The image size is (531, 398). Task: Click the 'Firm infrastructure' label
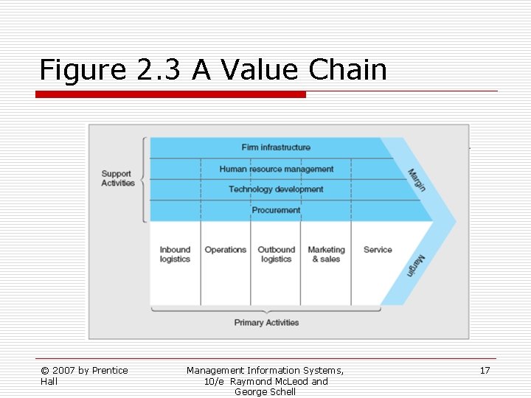276,147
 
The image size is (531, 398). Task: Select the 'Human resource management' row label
276,169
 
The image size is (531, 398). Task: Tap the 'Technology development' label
276,189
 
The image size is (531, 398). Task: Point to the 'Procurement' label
276,210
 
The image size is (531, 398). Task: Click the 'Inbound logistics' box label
175,254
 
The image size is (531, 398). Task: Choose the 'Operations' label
225,250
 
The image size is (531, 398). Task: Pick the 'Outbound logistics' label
276,254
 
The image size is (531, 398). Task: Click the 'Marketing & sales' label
326,254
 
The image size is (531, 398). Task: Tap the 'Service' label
378,250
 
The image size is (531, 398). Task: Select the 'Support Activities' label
118,178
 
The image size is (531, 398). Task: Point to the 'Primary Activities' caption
266,323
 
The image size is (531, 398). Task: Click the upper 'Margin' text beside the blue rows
417,180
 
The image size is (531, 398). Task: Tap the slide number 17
485,371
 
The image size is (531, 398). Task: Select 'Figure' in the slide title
83,71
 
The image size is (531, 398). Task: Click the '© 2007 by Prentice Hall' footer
84,376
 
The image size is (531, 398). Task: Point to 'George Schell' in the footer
265,392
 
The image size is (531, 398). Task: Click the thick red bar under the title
171,94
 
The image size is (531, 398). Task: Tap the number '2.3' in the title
160,70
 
